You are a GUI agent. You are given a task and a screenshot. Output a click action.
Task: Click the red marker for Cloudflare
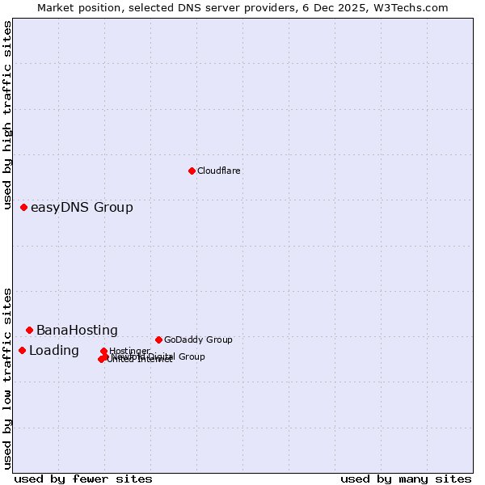point(192,171)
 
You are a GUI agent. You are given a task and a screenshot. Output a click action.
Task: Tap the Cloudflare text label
point(218,171)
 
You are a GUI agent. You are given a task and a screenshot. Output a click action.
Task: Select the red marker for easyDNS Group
point(23,208)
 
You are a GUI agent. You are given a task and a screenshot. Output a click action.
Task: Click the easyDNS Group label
point(82,208)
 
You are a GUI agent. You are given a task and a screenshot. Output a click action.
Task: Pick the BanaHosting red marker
point(29,330)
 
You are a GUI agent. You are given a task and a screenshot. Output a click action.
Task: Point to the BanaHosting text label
point(77,331)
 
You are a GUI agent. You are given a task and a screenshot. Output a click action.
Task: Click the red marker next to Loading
point(22,350)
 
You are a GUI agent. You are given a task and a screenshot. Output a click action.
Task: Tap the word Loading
point(54,351)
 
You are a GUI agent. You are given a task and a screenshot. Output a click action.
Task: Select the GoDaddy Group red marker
point(158,339)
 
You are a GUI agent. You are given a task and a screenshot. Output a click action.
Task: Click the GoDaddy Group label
point(197,339)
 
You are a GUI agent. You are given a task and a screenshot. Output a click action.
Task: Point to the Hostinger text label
point(129,351)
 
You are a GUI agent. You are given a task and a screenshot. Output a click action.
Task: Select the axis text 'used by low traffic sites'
point(7,378)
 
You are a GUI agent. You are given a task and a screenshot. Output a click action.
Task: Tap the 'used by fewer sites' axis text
point(83,479)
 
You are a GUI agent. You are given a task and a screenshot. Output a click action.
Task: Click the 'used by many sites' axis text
point(406,479)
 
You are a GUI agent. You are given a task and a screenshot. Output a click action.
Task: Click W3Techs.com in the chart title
point(416,8)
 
